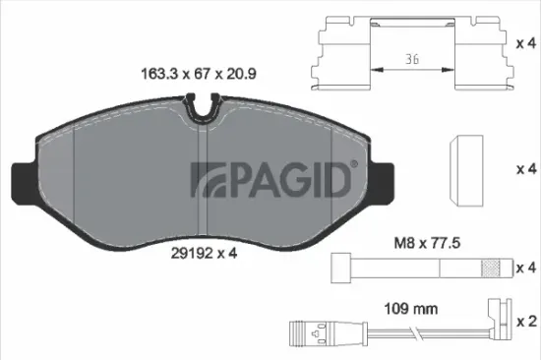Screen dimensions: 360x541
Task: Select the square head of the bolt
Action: pos(341,267)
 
